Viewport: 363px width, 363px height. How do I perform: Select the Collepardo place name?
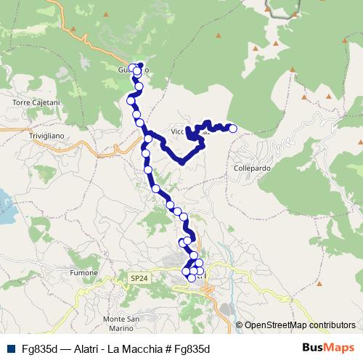[253, 168]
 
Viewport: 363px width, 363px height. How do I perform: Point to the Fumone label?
[85, 273]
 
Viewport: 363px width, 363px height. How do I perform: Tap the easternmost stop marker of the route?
[233, 129]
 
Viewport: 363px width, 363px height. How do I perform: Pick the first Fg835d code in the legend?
[38, 348]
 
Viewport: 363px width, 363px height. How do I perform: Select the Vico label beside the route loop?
[179, 131]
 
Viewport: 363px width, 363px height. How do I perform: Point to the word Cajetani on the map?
[44, 103]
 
